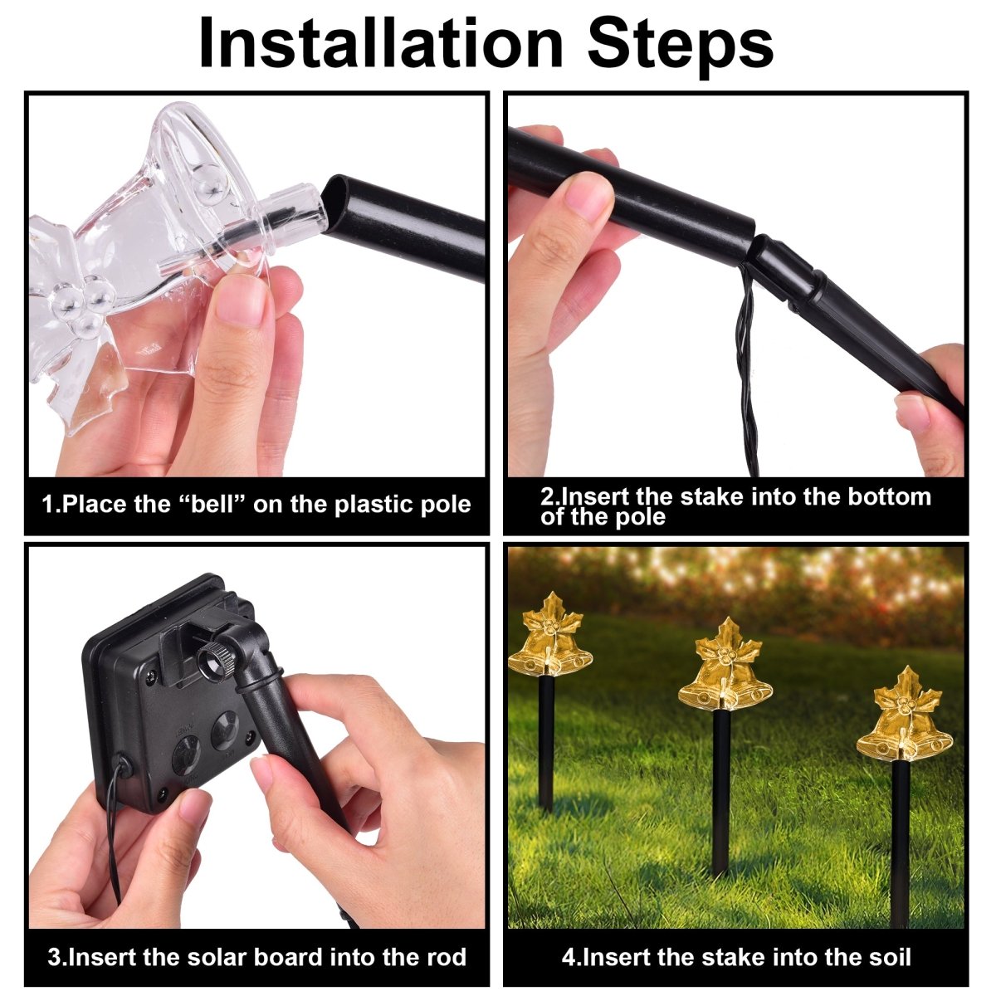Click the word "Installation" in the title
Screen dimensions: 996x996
click(381, 43)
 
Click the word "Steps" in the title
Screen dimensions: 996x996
click(681, 46)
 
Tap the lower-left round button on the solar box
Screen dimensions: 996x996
click(187, 755)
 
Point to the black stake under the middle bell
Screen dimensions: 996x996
click(721, 791)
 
